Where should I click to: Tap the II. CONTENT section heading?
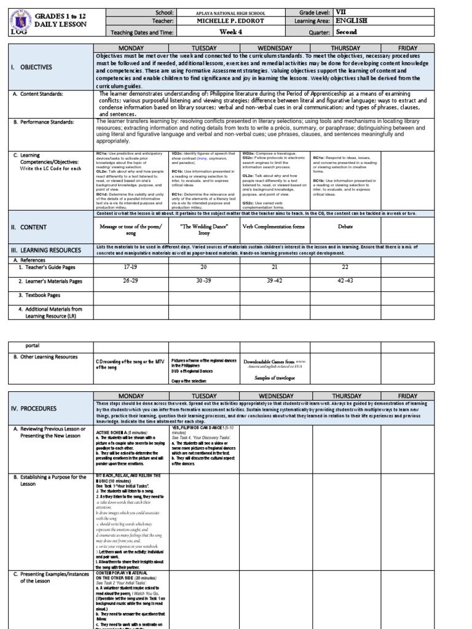31,227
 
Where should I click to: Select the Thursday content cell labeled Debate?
347,227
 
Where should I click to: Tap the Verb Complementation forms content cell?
274,227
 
